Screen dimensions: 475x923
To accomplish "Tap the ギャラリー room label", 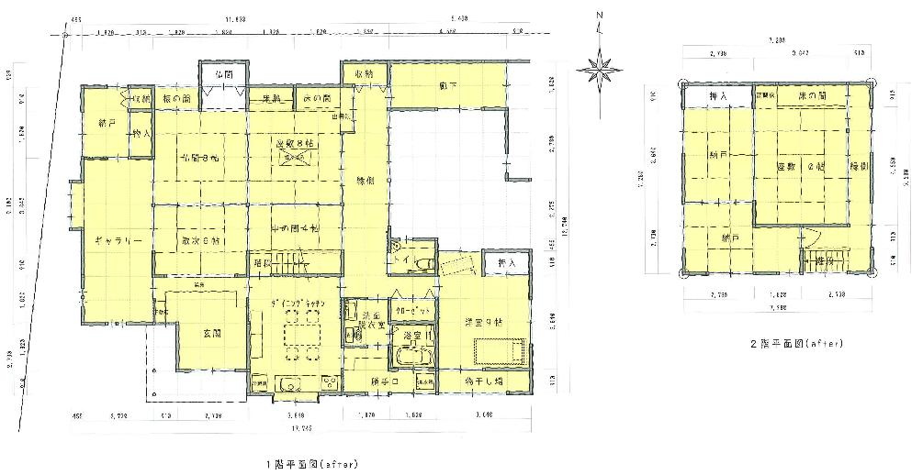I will [x=117, y=240].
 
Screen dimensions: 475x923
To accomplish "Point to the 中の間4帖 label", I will [x=294, y=226].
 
